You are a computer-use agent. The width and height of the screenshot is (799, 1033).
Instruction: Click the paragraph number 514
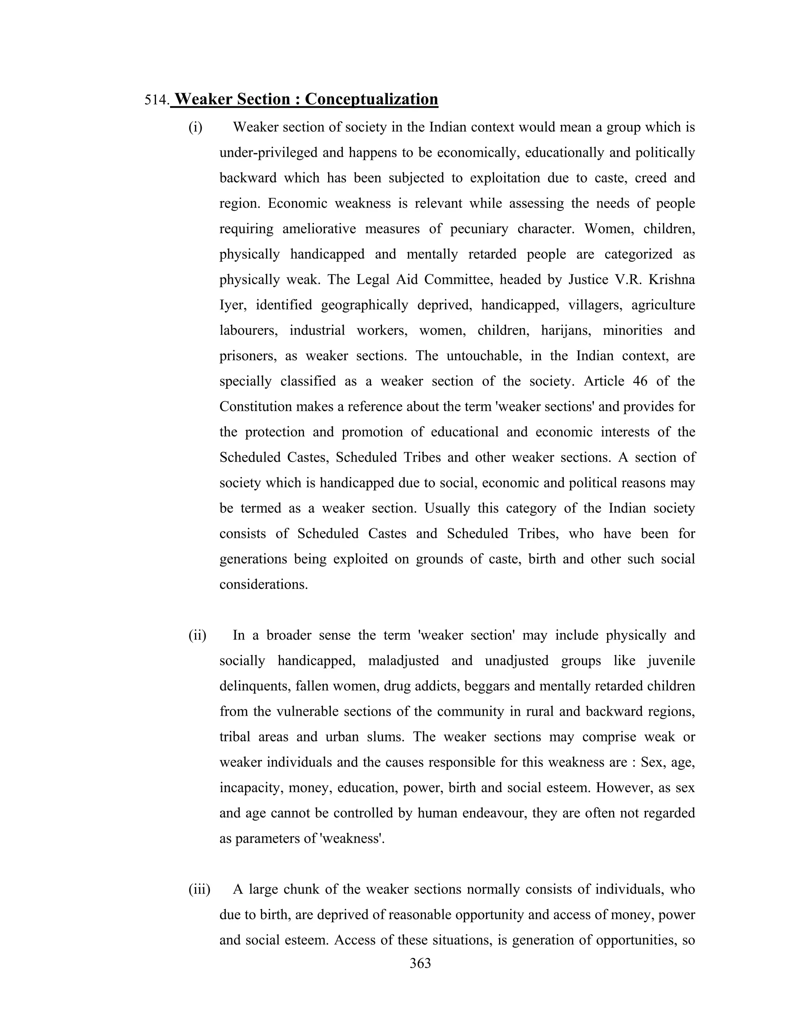(156, 100)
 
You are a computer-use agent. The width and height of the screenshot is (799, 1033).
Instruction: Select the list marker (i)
(195, 127)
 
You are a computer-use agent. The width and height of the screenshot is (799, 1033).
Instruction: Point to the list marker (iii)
(199, 889)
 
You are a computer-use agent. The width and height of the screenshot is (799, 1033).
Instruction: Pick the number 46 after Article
(639, 381)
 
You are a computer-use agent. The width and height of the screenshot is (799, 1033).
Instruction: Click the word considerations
(263, 585)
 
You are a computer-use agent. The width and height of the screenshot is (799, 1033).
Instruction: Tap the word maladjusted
(403, 660)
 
